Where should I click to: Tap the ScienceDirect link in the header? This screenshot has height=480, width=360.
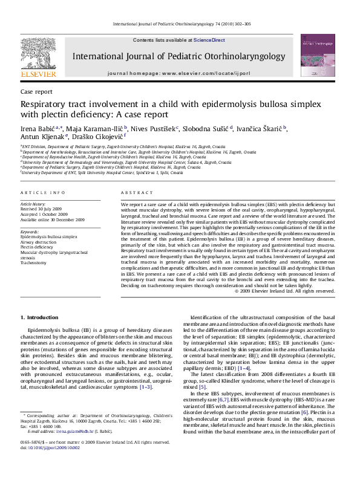point(209,40)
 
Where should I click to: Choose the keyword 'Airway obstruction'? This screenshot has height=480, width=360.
point(40,242)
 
